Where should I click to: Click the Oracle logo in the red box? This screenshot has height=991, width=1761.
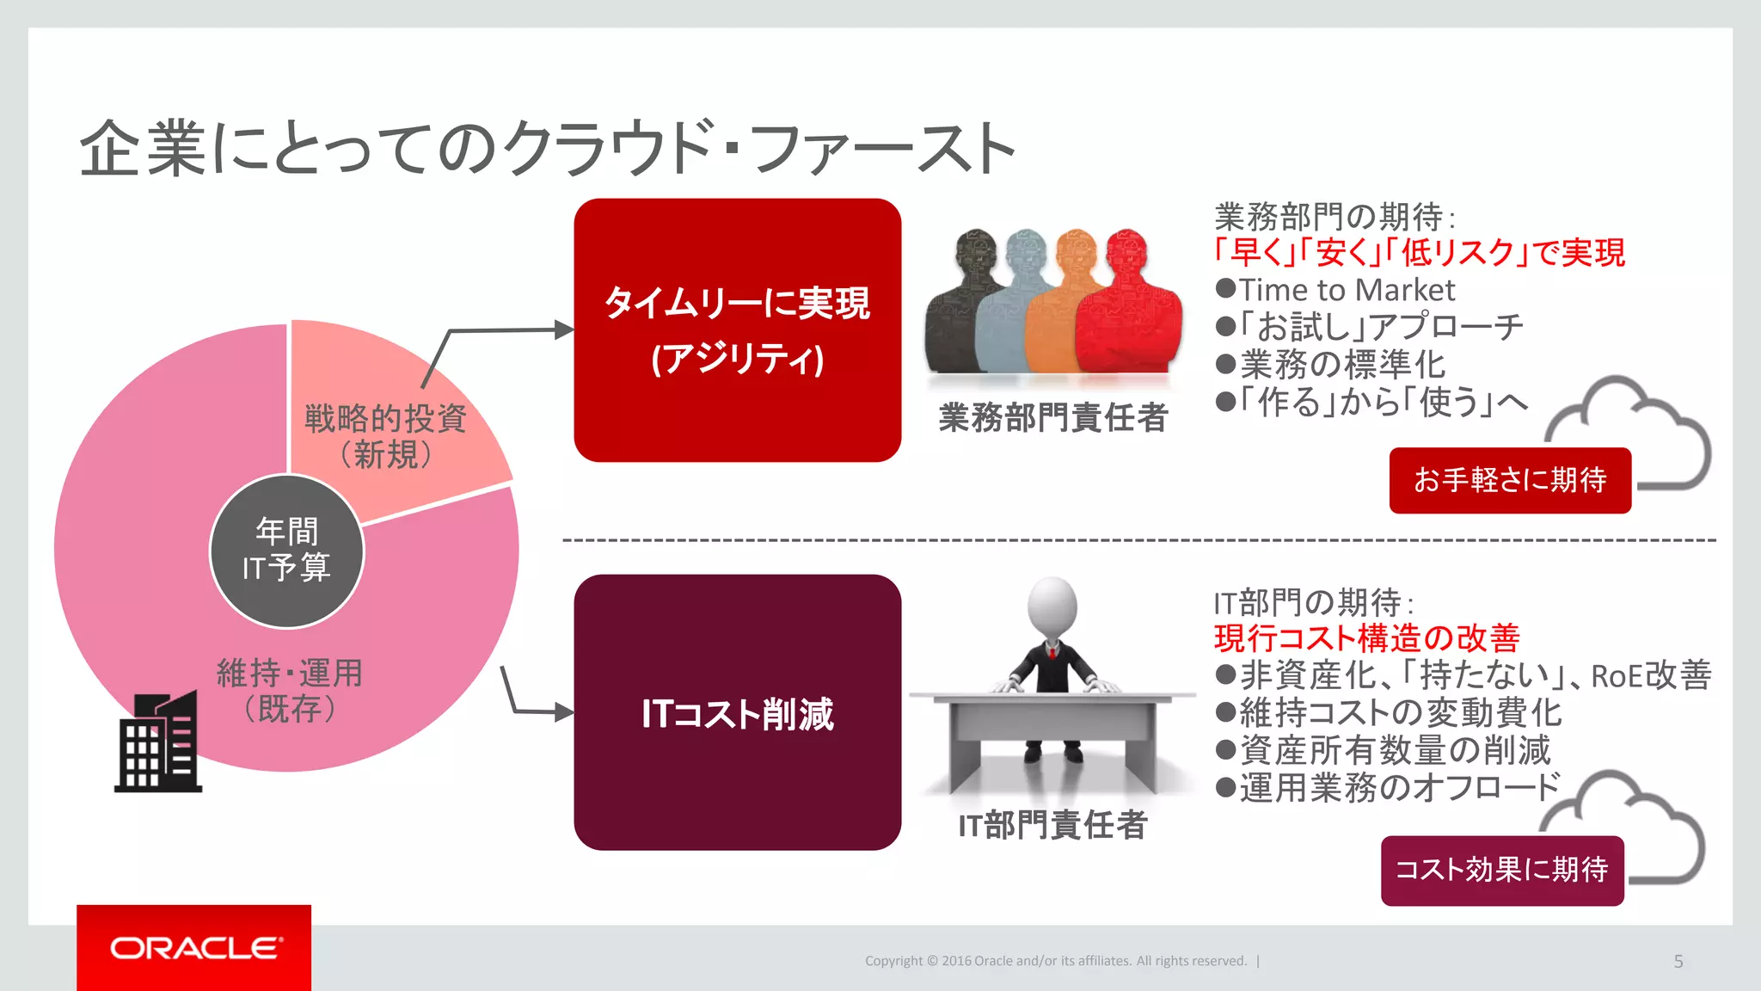tap(195, 948)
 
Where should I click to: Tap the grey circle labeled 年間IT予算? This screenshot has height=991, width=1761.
tap(287, 551)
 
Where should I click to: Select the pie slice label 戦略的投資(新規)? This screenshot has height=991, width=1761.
tap(385, 436)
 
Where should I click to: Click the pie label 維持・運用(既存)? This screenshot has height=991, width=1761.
tap(290, 691)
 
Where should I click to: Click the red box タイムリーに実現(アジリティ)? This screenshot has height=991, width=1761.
tap(737, 330)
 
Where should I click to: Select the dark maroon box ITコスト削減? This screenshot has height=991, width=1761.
tap(737, 712)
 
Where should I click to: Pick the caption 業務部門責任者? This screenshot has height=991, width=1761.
tap(1052, 418)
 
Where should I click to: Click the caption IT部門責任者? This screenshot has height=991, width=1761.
tap(1052, 825)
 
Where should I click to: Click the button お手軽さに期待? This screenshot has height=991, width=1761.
tap(1510, 480)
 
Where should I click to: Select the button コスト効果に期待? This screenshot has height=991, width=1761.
tap(1501, 870)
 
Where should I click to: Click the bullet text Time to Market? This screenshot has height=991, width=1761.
tap(1347, 290)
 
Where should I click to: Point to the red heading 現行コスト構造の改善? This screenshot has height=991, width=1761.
tap(1367, 638)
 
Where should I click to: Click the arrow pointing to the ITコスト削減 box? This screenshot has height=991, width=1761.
tap(542, 711)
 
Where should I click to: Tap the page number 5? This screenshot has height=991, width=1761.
tap(1678, 961)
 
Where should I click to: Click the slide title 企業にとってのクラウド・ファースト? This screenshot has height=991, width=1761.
tap(548, 149)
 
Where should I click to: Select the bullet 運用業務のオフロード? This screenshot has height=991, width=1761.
tap(1398, 787)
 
